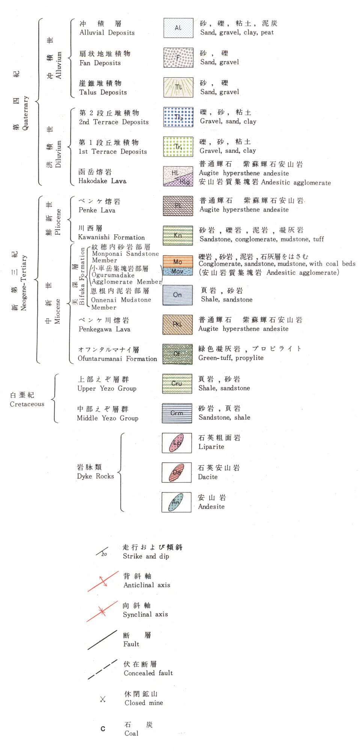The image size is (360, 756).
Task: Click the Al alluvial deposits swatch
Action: click(x=178, y=28)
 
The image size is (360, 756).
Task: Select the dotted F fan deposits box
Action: click(x=178, y=58)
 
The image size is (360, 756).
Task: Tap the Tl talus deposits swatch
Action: click(x=178, y=87)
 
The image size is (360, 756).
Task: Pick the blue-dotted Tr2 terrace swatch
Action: click(x=178, y=117)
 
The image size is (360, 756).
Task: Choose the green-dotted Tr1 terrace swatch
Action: click(x=178, y=147)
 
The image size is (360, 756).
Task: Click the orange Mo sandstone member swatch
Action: click(x=178, y=261)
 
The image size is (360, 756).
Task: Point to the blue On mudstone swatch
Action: click(x=178, y=295)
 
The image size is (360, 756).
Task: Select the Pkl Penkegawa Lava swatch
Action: click(x=178, y=324)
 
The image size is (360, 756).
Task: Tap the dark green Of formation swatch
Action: click(x=177, y=354)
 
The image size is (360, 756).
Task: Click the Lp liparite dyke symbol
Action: click(x=177, y=443)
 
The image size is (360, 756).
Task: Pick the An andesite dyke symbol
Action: click(x=176, y=502)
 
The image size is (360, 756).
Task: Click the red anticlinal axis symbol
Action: click(x=103, y=581)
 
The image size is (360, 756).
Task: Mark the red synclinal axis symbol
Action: click(x=102, y=611)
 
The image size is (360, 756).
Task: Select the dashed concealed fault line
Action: click(x=102, y=670)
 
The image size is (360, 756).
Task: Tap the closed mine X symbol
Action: click(x=103, y=699)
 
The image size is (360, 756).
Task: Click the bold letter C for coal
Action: click(x=103, y=729)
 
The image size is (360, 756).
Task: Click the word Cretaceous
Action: click(x=27, y=404)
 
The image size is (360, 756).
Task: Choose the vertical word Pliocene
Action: click(x=57, y=222)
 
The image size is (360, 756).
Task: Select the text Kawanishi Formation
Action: click(x=111, y=237)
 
